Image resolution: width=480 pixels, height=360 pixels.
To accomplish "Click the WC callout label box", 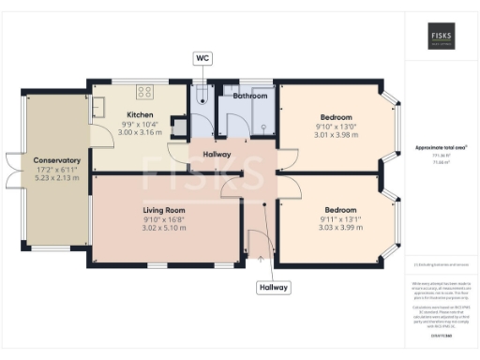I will pyautogui.click(x=202, y=58).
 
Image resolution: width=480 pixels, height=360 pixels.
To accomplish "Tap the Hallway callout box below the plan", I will pyautogui.click(x=273, y=287).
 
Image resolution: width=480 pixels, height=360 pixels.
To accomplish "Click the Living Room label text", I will pyautogui.click(x=164, y=210).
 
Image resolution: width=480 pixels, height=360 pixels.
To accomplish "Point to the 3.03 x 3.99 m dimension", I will pyautogui.click(x=337, y=228).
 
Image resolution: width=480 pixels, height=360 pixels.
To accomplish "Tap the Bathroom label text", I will pyautogui.click(x=250, y=96).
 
